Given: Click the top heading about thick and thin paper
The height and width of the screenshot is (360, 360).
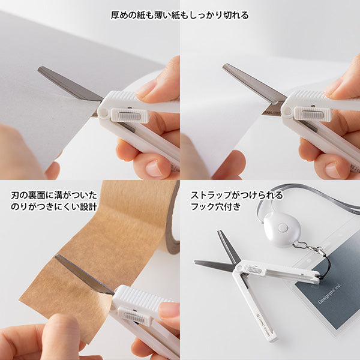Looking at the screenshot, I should coord(180,15).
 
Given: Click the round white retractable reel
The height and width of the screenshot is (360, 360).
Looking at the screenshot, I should coord(282,229).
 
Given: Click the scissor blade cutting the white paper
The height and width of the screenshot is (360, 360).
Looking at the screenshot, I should coord(252,82).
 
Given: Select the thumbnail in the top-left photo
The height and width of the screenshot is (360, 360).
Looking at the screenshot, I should coord(147,90).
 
